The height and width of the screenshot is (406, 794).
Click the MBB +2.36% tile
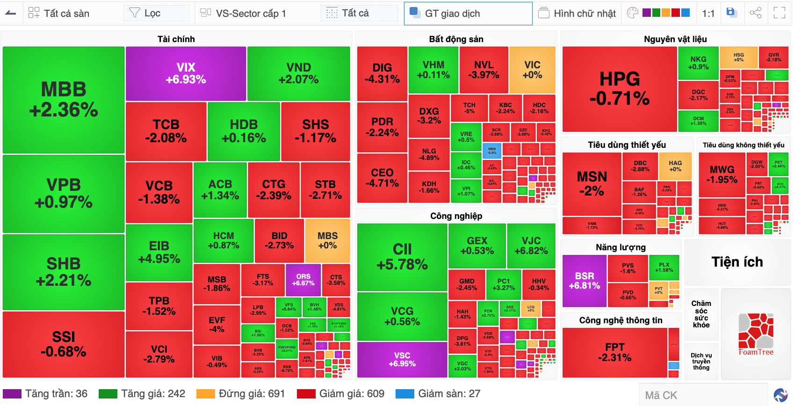click(x=64, y=100)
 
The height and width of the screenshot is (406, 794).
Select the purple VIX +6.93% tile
click(x=186, y=73)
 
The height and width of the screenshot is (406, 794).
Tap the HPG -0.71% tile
click(x=620, y=89)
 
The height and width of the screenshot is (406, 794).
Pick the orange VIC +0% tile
click(x=532, y=70)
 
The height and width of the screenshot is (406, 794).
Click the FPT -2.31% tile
click(x=614, y=352)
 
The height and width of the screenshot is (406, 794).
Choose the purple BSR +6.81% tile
click(x=585, y=281)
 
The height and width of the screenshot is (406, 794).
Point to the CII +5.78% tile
click(x=402, y=257)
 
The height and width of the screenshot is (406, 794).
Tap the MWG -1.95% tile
click(x=722, y=174)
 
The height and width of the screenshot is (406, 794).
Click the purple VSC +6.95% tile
click(x=402, y=359)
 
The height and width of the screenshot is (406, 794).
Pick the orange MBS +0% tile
click(x=327, y=240)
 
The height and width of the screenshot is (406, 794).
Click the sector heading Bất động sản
click(x=456, y=39)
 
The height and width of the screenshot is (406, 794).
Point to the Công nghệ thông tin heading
click(x=621, y=320)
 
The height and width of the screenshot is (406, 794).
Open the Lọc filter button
click(x=152, y=13)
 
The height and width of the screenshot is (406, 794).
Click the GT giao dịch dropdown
click(x=468, y=14)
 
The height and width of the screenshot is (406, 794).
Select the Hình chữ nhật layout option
click(x=577, y=14)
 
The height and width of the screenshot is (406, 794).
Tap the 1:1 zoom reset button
click(x=708, y=14)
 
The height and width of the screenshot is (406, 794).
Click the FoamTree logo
click(x=756, y=334)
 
